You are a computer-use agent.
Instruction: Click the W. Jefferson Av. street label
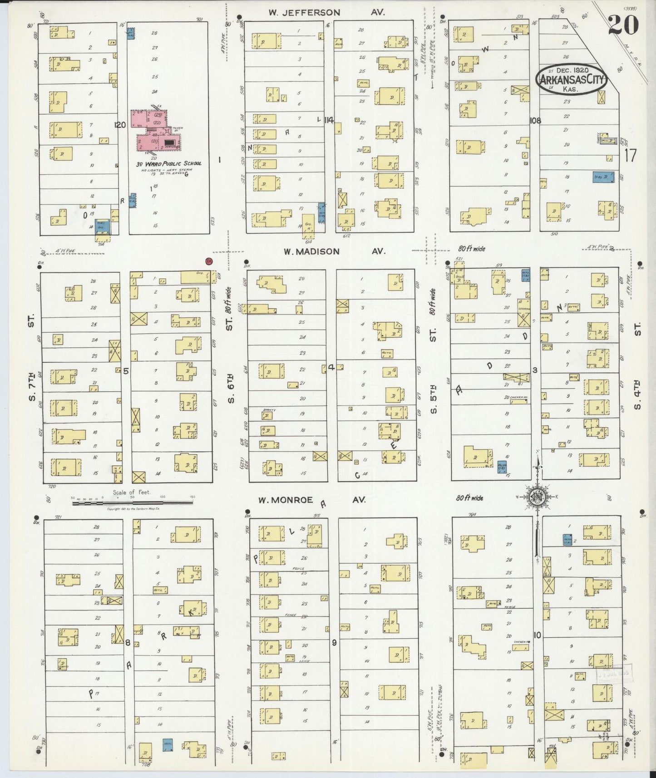tap(326, 13)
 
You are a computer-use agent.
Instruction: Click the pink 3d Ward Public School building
tap(155, 132)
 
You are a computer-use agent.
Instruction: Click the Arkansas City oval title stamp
tap(571, 79)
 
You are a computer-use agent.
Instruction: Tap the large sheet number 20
tap(623, 24)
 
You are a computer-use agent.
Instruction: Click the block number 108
tap(535, 121)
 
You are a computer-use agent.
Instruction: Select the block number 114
tap(329, 120)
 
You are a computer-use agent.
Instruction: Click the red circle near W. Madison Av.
tap(209, 261)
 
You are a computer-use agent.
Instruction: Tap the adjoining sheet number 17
tap(630, 156)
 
